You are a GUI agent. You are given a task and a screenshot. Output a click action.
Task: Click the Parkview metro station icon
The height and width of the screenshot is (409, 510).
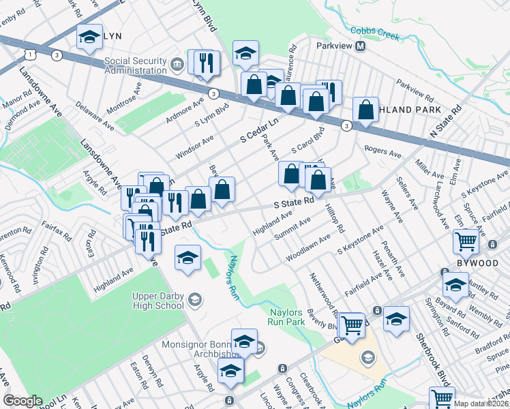click(x=361, y=46)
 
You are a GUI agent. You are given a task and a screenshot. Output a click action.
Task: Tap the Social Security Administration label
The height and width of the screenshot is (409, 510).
click(x=136, y=65)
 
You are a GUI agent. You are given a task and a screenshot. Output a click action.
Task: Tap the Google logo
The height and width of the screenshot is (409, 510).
click(x=22, y=401)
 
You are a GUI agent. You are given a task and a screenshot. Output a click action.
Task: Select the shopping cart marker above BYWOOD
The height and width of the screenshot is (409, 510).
click(x=466, y=241)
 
